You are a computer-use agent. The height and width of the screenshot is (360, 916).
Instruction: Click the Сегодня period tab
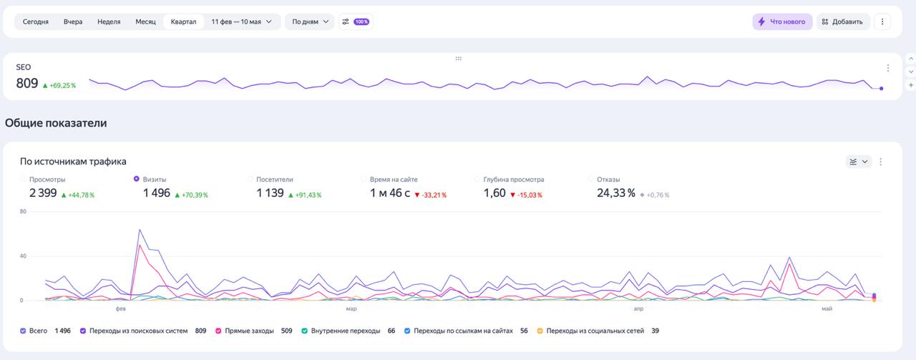[x=36, y=21]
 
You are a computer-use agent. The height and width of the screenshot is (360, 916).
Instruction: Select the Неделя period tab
[x=109, y=21]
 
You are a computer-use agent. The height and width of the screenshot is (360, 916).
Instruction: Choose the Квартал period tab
[x=184, y=21]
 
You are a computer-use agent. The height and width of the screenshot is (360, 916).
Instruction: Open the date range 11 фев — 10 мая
[x=241, y=21]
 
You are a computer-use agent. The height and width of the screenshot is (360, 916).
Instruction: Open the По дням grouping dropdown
[x=310, y=21]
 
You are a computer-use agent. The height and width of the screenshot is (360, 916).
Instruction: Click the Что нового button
[x=782, y=21]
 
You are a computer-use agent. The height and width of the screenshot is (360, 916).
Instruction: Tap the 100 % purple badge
[x=361, y=21]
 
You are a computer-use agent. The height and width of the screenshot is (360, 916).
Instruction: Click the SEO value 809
[x=27, y=84]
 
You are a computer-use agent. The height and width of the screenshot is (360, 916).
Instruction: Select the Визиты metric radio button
[x=137, y=179]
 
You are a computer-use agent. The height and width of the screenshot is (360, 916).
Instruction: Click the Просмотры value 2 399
[x=43, y=193]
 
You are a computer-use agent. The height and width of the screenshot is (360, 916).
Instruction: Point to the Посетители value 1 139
[x=270, y=193]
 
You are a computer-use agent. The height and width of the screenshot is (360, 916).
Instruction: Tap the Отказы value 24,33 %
[x=616, y=193]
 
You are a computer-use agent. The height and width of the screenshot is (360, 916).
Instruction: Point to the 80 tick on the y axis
[x=23, y=212]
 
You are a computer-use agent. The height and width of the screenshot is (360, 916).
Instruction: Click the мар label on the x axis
[x=351, y=309]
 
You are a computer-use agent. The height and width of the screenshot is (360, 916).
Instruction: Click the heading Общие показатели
[x=56, y=123]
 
